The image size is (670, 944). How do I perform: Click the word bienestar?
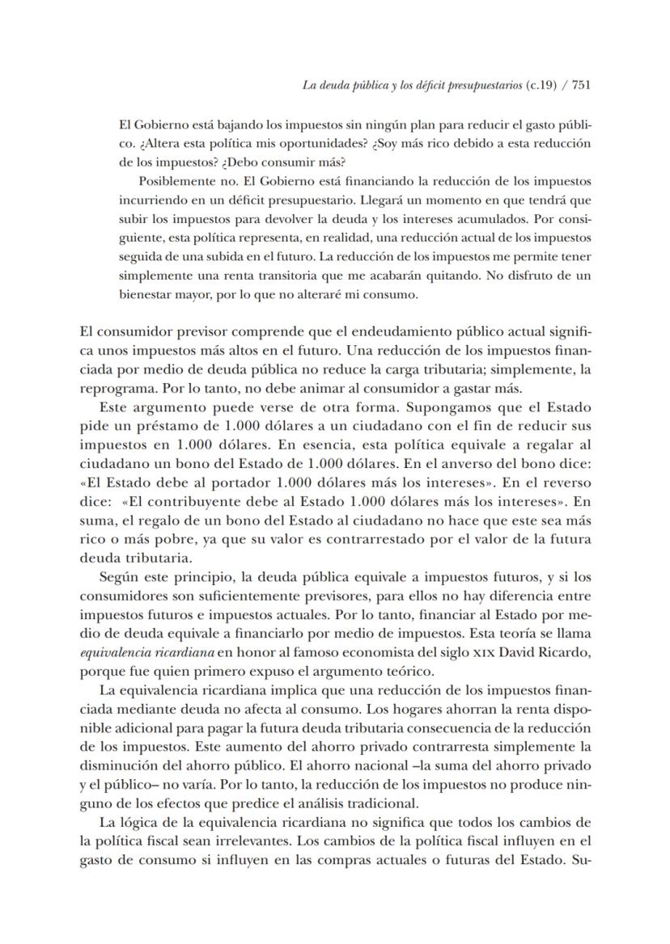pos(146,294)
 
